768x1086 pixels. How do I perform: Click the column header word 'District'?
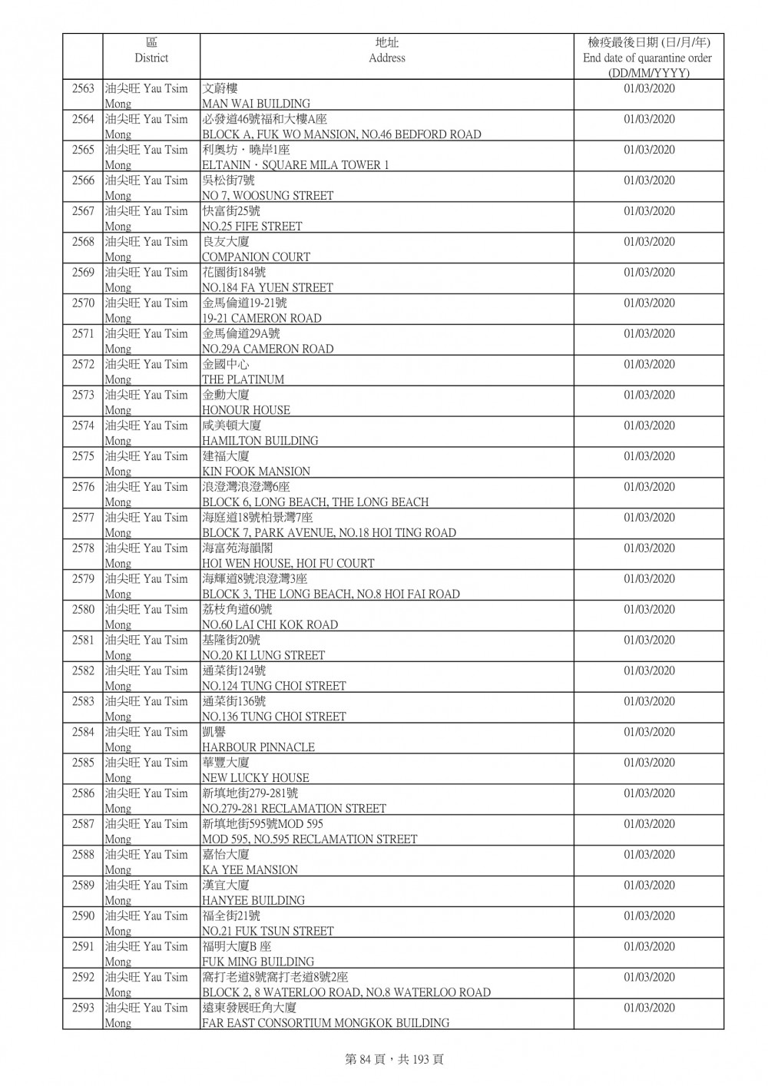tap(151, 58)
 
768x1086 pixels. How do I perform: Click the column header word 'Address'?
tap(386, 58)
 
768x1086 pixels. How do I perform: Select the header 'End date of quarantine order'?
tap(647, 58)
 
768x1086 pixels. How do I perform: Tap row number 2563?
tap(83, 88)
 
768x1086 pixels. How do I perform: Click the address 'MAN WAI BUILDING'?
tap(256, 104)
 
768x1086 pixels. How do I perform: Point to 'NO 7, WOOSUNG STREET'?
tap(267, 196)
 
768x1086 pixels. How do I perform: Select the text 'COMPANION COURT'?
tap(256, 257)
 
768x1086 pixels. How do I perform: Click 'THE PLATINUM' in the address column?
tap(243, 379)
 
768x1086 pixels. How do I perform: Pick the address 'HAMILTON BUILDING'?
tap(260, 441)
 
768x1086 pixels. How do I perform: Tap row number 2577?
tap(83, 518)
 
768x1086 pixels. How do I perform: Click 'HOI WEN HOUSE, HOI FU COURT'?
tap(288, 563)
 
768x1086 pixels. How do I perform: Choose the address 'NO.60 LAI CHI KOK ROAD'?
tap(270, 624)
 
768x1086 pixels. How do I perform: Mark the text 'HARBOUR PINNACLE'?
tap(258, 747)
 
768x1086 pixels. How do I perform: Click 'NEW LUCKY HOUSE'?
tap(255, 778)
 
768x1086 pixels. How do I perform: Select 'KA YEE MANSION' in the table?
tap(250, 870)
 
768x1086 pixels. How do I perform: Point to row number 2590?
tap(83, 915)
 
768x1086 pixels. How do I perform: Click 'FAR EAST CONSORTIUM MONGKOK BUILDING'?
tap(326, 1023)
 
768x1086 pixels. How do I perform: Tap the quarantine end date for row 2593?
tap(649, 1008)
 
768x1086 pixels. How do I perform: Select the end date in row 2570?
tap(649, 303)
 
